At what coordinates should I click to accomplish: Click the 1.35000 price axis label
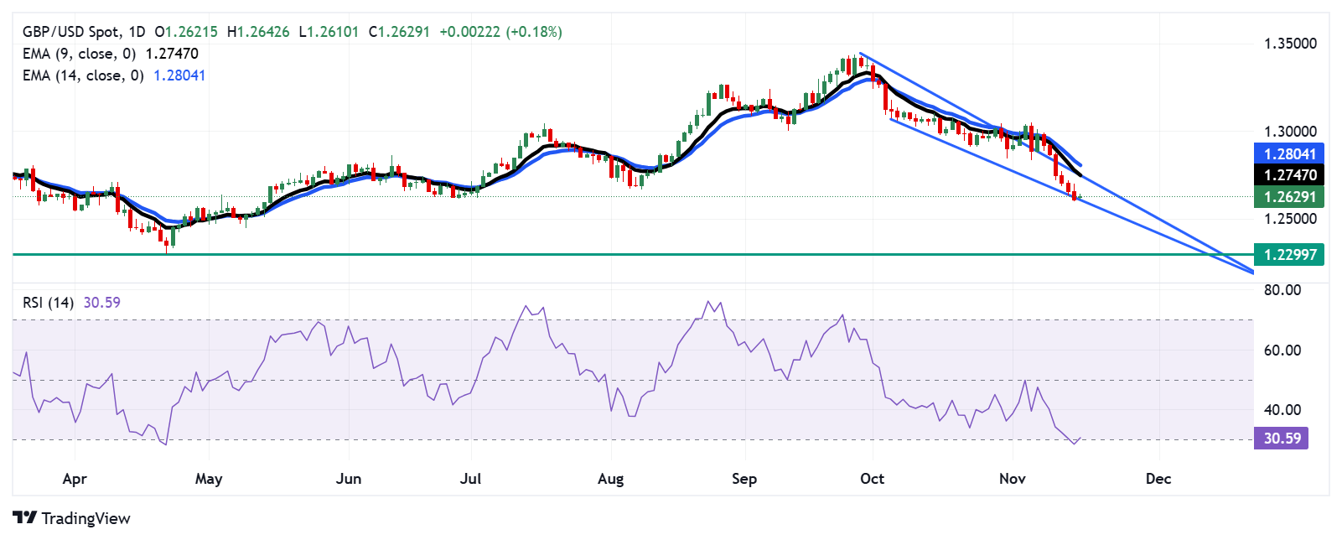point(1290,44)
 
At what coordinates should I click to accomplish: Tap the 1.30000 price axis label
point(1290,132)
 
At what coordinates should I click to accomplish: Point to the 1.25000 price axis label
point(1290,219)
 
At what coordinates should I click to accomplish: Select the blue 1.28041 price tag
point(1290,153)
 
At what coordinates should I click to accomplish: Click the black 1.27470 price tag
point(1290,175)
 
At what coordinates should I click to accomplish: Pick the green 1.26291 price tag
point(1290,197)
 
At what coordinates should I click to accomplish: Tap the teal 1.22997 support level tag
point(1290,254)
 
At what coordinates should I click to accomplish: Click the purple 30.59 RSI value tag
point(1282,439)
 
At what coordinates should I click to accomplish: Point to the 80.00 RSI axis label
point(1282,290)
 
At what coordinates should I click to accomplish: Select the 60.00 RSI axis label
point(1282,350)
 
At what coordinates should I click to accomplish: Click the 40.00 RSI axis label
point(1282,410)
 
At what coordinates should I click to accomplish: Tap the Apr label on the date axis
point(75,479)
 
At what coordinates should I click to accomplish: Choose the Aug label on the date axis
point(610,479)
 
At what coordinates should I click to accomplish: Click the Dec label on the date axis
point(1158,479)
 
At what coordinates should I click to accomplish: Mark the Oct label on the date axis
point(872,479)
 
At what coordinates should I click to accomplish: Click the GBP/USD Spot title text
point(71,32)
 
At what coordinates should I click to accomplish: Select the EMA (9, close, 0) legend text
point(80,54)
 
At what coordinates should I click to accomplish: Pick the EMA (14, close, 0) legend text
point(83,75)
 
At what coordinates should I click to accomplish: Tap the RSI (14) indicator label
point(48,303)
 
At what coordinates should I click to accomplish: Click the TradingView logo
point(72,518)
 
